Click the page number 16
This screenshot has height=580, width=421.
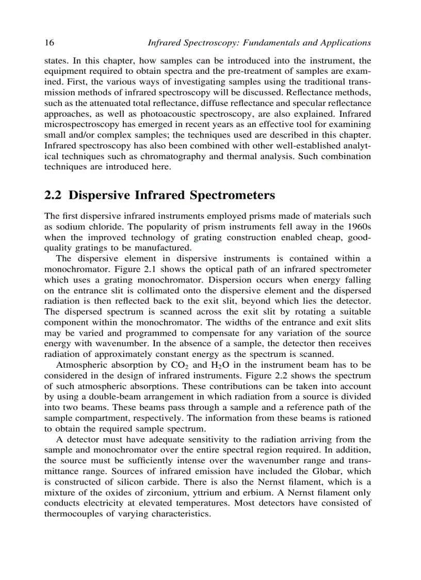(50, 42)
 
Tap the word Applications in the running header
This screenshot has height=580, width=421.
(347, 42)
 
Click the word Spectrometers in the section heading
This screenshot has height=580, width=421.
(233, 196)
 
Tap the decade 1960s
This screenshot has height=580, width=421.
(358, 226)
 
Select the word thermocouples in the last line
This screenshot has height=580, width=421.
(73, 514)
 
